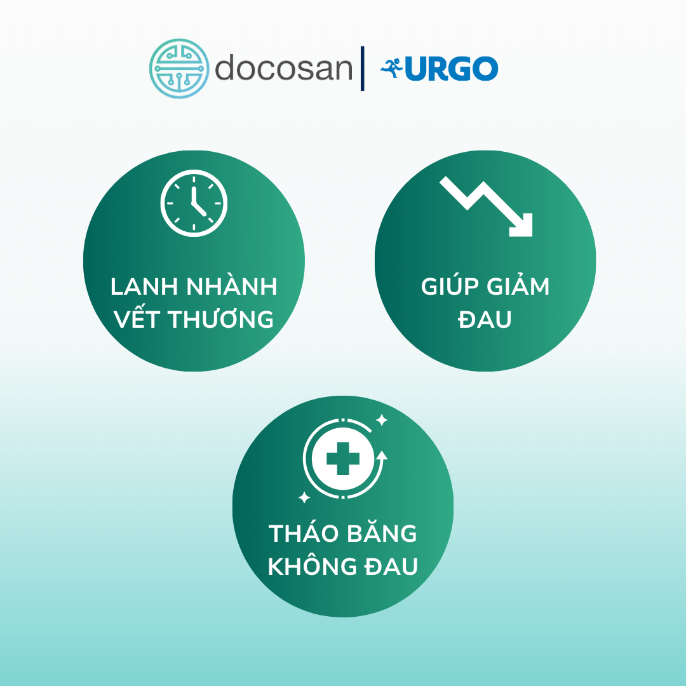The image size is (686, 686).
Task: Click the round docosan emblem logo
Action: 179,69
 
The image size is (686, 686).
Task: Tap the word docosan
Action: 283,68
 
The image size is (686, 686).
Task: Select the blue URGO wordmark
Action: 452,68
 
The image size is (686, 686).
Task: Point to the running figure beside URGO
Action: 391,68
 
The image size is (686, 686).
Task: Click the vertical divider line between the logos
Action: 362,68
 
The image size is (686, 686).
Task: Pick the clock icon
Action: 194,203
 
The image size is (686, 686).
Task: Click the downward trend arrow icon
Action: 486,206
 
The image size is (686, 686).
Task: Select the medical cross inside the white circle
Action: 343,459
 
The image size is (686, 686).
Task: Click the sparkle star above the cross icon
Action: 382,420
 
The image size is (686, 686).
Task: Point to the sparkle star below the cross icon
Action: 304,497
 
